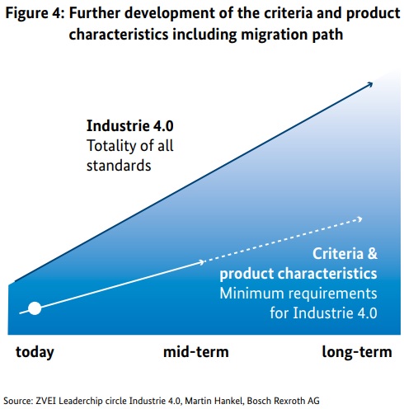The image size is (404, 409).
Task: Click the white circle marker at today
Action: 35,308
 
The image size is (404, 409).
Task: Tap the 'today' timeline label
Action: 35,352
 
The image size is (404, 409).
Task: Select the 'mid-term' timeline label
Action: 196,352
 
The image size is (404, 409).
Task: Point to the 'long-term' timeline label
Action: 357,352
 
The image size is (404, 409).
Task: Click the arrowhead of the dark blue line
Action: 369,84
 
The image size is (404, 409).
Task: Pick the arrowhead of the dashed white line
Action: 359,219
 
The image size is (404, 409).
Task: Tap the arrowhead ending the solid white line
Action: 201,262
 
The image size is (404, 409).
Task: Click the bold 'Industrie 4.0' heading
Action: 130,126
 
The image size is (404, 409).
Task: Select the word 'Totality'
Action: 110,146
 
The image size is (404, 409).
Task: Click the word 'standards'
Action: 119,166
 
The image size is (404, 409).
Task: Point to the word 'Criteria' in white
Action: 338,253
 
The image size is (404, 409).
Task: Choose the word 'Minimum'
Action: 251,294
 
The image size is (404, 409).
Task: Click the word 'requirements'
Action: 332,294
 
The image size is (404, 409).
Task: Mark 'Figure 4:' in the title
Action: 35,13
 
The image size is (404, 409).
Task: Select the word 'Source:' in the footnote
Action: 18,401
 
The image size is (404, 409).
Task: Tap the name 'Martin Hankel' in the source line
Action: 214,401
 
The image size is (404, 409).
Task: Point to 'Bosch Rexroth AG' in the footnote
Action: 284,401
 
